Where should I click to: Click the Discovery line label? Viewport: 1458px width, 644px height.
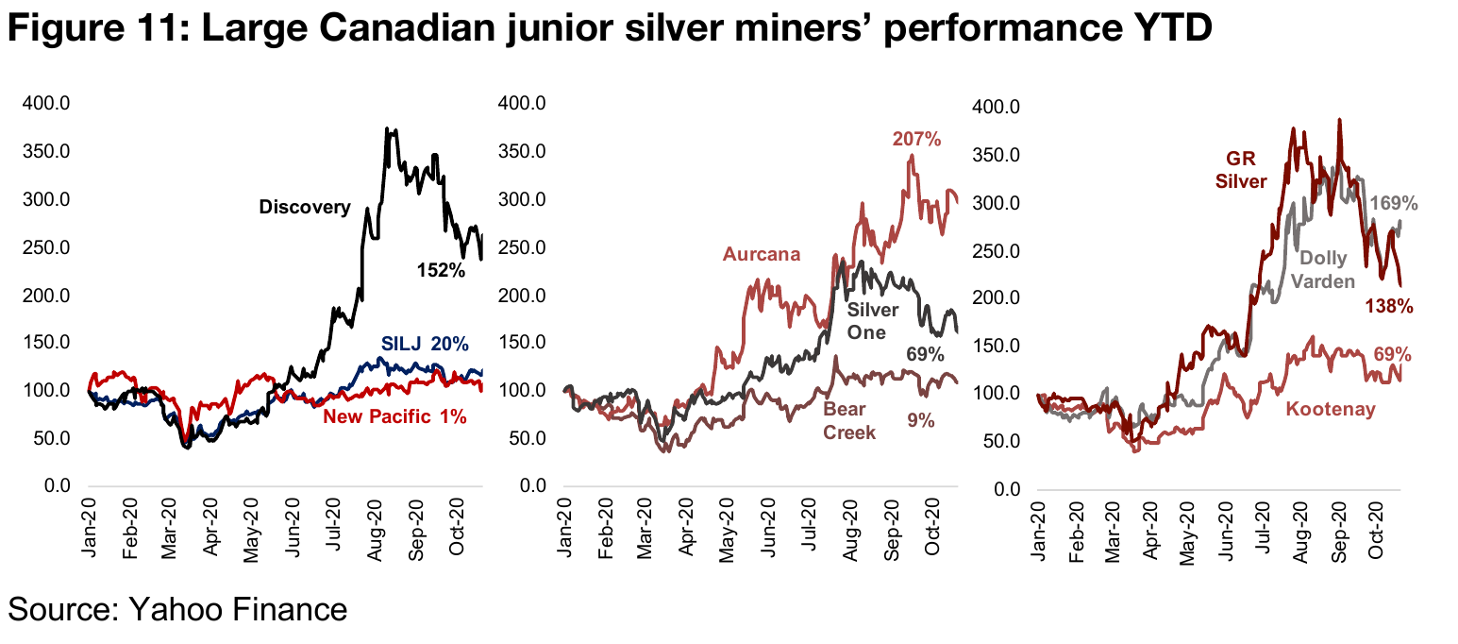[304, 208]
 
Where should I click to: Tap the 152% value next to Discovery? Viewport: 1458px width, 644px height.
[441, 271]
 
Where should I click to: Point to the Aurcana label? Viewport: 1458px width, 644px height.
[762, 254]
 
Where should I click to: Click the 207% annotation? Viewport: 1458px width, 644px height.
[916, 140]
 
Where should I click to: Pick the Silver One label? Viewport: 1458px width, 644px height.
[873, 321]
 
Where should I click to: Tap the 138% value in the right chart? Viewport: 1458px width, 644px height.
[1389, 306]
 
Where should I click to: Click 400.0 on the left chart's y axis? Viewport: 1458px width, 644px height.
[46, 103]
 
